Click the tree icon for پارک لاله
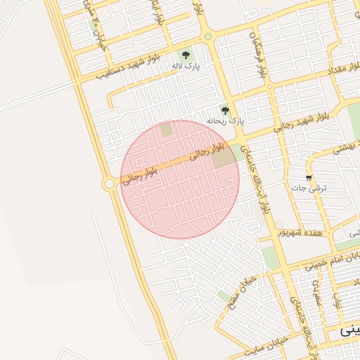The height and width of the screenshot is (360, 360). pyautogui.click(x=186, y=55)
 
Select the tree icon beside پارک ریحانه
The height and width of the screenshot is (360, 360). pyautogui.click(x=225, y=110)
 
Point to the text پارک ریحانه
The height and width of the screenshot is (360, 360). pyautogui.click(x=225, y=121)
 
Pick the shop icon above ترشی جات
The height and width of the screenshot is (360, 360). pyautogui.click(x=309, y=177)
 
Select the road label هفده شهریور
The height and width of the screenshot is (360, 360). pyautogui.click(x=300, y=232)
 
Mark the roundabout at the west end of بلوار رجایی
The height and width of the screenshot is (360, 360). pyautogui.click(x=109, y=184)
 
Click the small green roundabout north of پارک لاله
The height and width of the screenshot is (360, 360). pyautogui.click(x=208, y=37)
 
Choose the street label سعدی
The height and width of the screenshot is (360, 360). pyautogui.click(x=317, y=289)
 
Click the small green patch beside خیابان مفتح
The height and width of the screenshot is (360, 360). pyautogui.click(x=224, y=296)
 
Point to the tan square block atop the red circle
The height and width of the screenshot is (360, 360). pyautogui.click(x=166, y=130)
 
